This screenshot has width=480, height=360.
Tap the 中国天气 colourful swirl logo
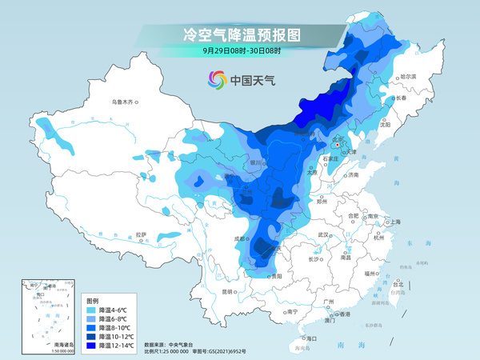217,79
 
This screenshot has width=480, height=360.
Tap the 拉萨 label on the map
141,234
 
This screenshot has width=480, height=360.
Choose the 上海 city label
392,222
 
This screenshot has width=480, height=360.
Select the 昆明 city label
226,292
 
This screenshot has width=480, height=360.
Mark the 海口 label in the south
310,338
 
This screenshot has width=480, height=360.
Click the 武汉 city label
323,234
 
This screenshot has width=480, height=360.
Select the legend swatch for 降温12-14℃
91,346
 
